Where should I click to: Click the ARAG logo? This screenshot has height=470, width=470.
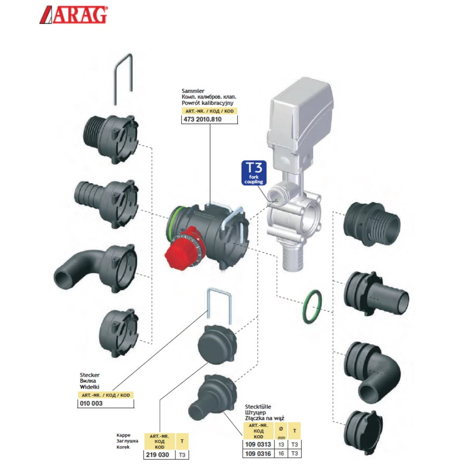pyautogui.click(x=73, y=15)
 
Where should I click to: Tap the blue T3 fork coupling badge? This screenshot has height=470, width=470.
pyautogui.click(x=254, y=173)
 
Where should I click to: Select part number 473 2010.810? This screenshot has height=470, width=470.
pyautogui.click(x=203, y=119)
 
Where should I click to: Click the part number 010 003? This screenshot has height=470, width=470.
pyautogui.click(x=91, y=403)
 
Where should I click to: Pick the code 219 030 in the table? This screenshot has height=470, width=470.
pyautogui.click(x=157, y=454)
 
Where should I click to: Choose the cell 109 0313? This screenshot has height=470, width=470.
pyautogui.click(x=258, y=444)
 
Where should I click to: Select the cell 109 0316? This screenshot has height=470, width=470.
pyautogui.click(x=258, y=454)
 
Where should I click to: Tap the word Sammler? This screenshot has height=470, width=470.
pyautogui.click(x=193, y=91)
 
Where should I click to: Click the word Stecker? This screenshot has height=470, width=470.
pyautogui.click(x=90, y=375)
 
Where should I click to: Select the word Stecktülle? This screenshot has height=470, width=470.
pyautogui.click(x=258, y=407)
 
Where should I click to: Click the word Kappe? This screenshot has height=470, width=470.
pyautogui.click(x=123, y=435)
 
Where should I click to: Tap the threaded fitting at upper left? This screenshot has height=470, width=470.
pyautogui.click(x=111, y=138)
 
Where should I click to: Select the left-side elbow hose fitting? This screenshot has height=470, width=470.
pyautogui.click(x=96, y=268)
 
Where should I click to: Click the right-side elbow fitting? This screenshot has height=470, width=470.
pyautogui.click(x=372, y=372)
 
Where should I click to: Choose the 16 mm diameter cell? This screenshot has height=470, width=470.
pyautogui.click(x=281, y=454)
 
